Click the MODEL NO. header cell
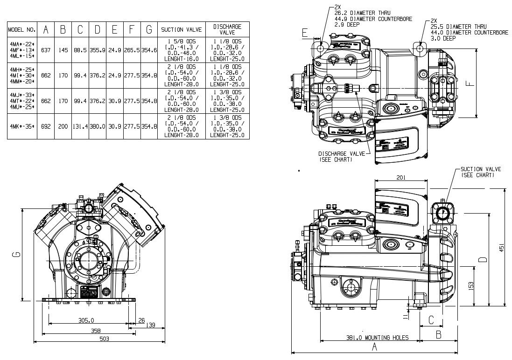[22, 30]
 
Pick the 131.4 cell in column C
[80, 126]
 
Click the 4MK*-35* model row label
[22, 126]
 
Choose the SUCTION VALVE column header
[181, 30]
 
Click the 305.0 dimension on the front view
[86, 320]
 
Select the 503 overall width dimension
[104, 339]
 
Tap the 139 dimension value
[151, 325]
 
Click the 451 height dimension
[502, 247]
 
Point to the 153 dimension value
[471, 285]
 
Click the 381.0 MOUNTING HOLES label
[377, 338]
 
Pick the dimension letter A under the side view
[374, 347]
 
